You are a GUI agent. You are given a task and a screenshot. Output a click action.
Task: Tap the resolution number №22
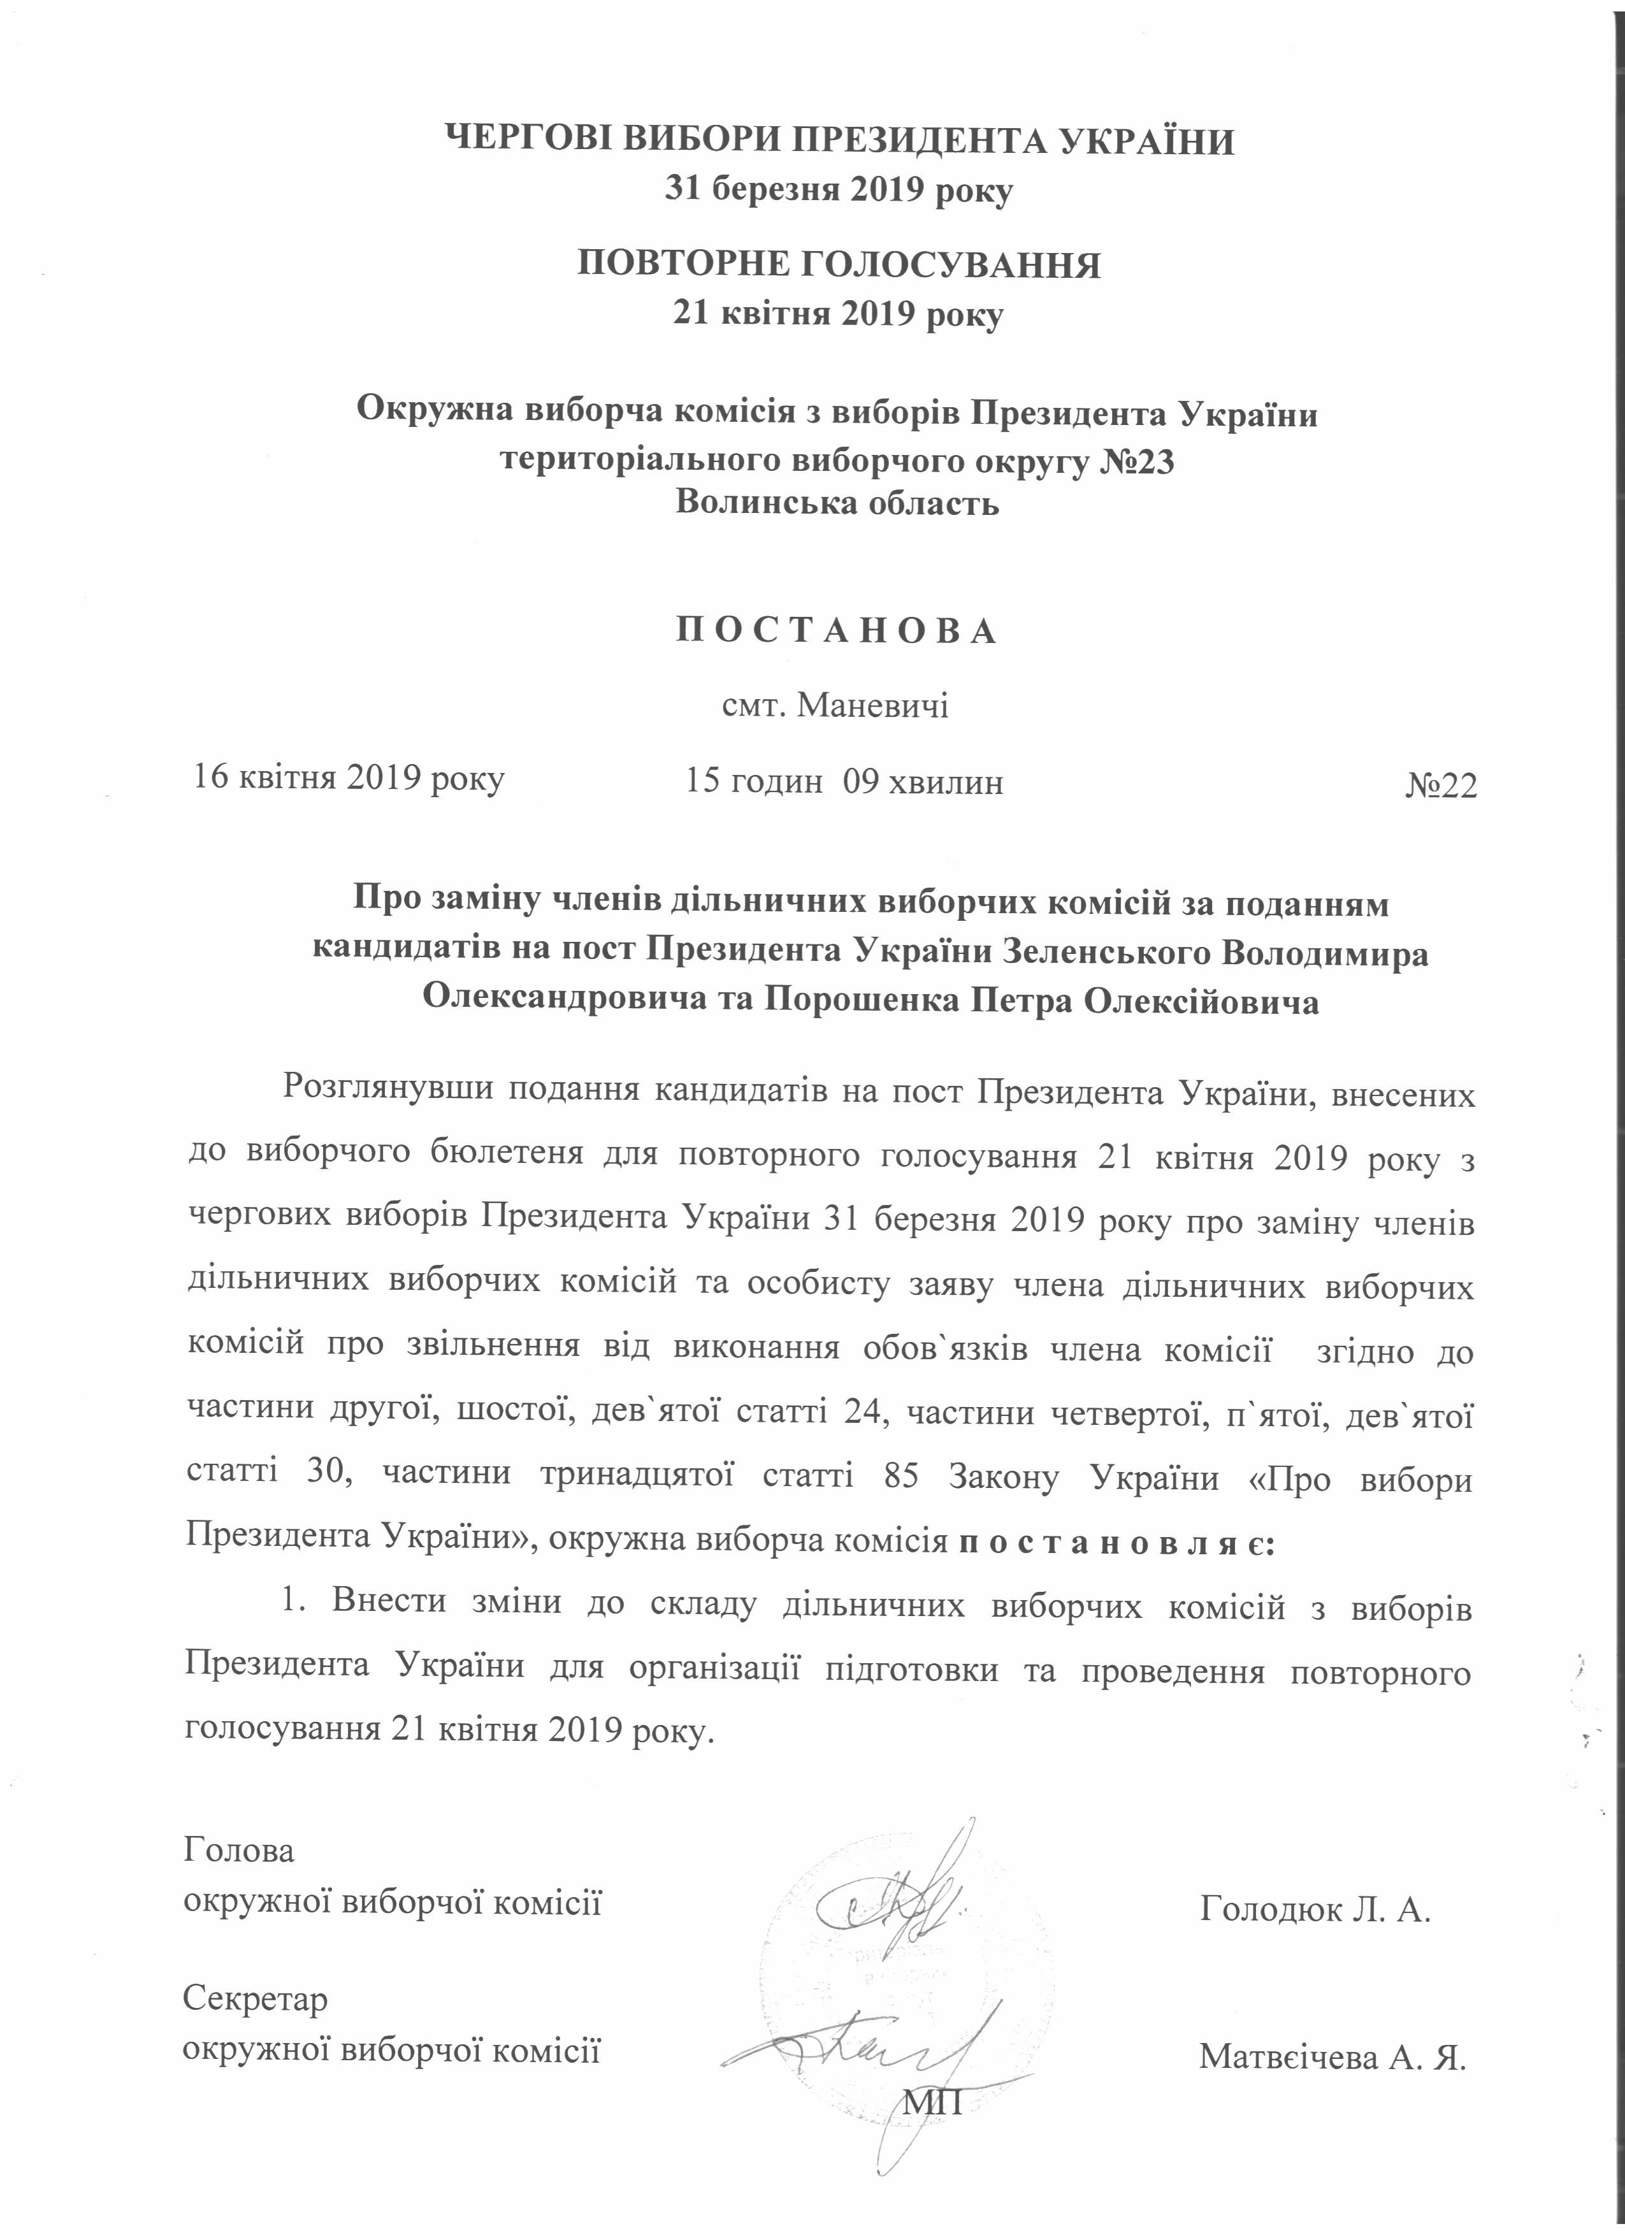[x=1440, y=784]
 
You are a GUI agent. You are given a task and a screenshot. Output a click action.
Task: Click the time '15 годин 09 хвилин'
[x=844, y=781]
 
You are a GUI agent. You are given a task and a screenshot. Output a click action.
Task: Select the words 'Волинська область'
[x=837, y=503]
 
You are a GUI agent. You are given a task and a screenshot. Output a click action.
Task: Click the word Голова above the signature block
[x=239, y=1849]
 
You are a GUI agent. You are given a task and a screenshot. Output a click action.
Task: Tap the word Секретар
[x=256, y=1999]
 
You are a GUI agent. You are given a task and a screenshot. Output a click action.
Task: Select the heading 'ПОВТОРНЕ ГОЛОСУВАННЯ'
[x=838, y=266]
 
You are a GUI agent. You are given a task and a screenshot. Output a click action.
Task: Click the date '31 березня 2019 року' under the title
[x=838, y=189]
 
